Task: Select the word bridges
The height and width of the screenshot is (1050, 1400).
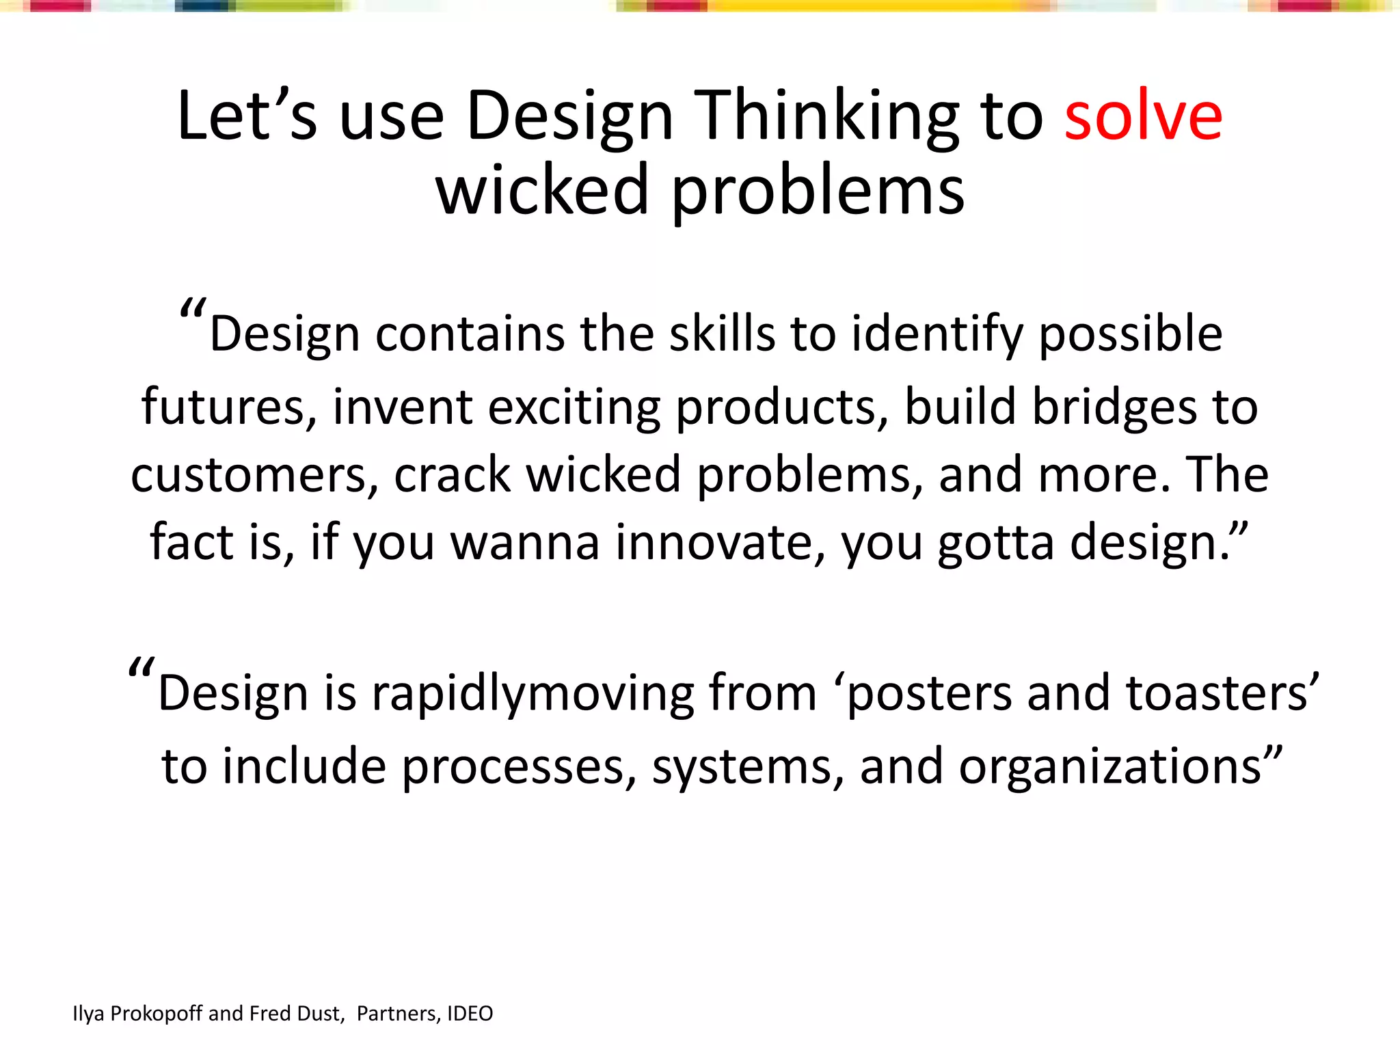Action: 1114,407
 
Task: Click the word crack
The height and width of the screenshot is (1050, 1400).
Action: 452,474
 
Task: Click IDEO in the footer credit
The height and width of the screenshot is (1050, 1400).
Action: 470,1013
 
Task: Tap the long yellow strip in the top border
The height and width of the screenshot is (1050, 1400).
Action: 861,6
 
